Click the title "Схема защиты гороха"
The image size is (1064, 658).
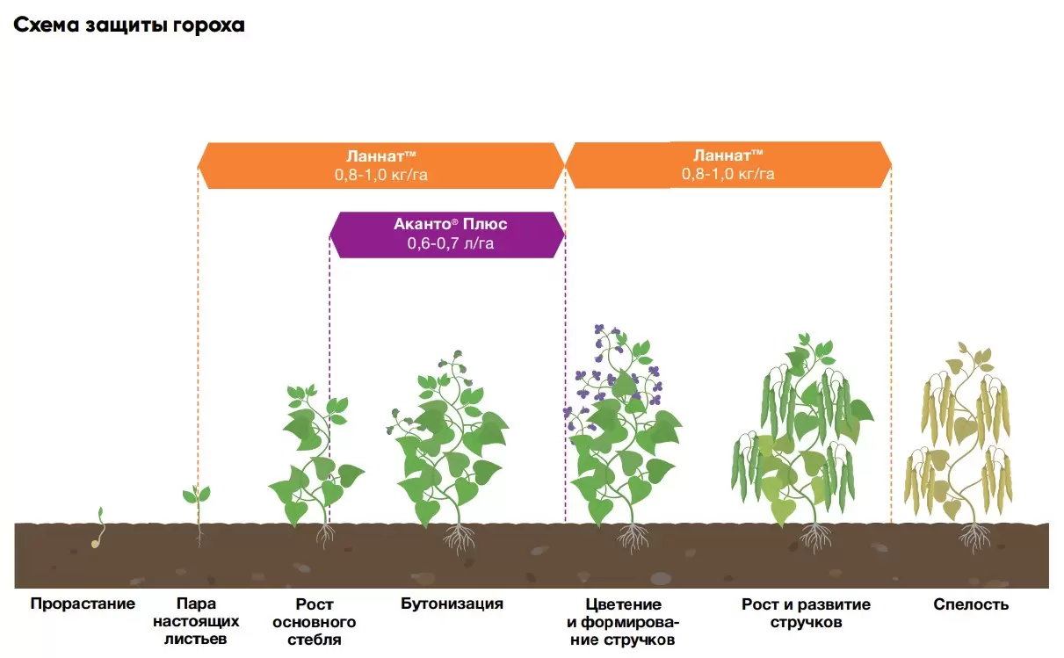click(129, 25)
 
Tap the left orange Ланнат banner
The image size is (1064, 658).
click(380, 165)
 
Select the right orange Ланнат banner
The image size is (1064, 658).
click(727, 164)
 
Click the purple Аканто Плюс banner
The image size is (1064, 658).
click(449, 234)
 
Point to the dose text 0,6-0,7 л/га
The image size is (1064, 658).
click(450, 244)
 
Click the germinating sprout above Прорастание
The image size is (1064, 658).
click(98, 527)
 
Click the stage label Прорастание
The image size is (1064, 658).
click(83, 604)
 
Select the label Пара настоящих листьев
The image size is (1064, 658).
click(195, 621)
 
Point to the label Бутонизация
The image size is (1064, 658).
click(452, 604)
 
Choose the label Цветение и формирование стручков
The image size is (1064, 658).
click(623, 621)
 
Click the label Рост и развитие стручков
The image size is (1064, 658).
click(806, 613)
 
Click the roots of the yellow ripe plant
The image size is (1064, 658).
click(974, 536)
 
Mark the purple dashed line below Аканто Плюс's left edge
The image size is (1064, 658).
click(329, 351)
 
